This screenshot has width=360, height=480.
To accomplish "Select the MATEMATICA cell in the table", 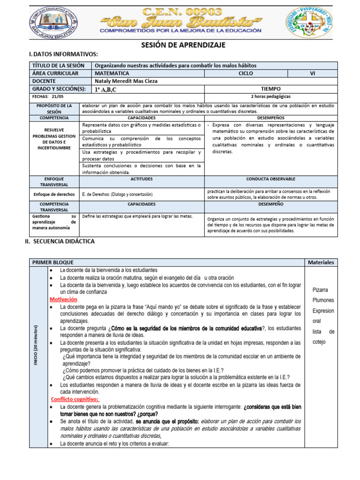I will click(x=112, y=73).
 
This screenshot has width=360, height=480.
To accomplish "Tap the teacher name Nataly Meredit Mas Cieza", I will click(x=126, y=81).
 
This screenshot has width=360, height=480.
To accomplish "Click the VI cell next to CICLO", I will click(x=312, y=73).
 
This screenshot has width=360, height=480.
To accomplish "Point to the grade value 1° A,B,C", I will click(x=106, y=89).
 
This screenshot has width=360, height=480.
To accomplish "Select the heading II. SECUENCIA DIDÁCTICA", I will click(x=60, y=241).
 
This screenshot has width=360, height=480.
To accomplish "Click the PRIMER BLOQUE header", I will click(x=52, y=262).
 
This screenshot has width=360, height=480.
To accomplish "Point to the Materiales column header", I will click(x=321, y=262).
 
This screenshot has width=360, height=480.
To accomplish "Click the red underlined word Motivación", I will click(x=63, y=299).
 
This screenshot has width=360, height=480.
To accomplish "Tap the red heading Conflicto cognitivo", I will click(x=75, y=399).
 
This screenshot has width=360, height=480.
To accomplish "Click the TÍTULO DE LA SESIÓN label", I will click(x=58, y=65).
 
